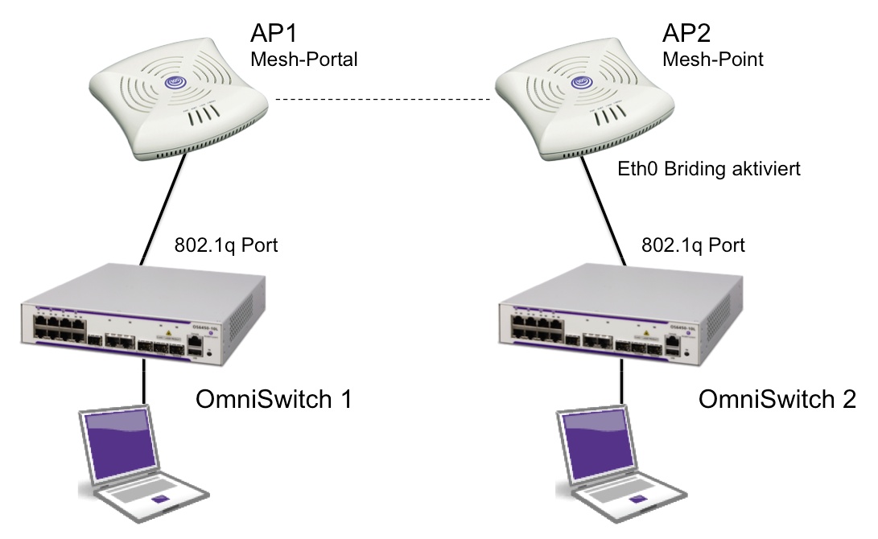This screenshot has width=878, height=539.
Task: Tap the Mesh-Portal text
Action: click(x=304, y=60)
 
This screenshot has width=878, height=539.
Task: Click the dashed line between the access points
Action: click(x=382, y=100)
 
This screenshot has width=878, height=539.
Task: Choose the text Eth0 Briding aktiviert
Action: click(x=708, y=170)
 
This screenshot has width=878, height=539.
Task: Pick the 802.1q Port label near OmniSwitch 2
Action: click(x=693, y=245)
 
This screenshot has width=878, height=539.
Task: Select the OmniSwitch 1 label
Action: click(x=274, y=400)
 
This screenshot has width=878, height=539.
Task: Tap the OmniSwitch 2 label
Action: click(x=777, y=400)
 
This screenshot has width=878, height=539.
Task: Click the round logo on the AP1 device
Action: click(x=176, y=82)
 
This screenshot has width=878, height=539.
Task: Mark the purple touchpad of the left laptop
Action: click(x=159, y=501)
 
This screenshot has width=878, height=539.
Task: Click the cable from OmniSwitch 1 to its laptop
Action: click(x=144, y=381)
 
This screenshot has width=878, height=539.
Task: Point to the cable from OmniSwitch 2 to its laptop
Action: click(x=622, y=383)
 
